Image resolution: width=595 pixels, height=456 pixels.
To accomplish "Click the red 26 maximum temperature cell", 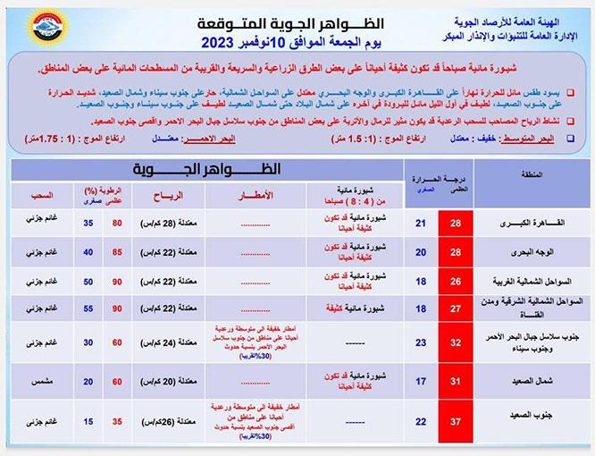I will [x=456, y=283].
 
